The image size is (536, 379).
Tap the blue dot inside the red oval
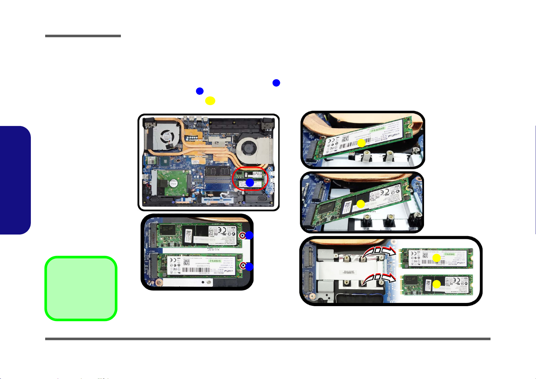tap(250, 183)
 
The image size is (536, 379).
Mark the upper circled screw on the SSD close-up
tap(242, 236)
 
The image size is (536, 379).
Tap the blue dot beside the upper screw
tap(249, 235)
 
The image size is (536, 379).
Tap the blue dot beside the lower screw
tap(249, 267)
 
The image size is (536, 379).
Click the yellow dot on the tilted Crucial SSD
tap(361, 144)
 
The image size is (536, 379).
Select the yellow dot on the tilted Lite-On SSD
tap(361, 204)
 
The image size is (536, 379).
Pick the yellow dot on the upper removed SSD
tap(436, 258)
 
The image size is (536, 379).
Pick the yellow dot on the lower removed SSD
tap(437, 284)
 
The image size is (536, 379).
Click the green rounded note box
tap(81, 288)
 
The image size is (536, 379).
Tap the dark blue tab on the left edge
tap(15, 180)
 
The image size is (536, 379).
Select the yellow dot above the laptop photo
tap(210, 101)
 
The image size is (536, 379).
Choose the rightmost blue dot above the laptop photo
tap(276, 83)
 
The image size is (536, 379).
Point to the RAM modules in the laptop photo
tap(218, 178)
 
